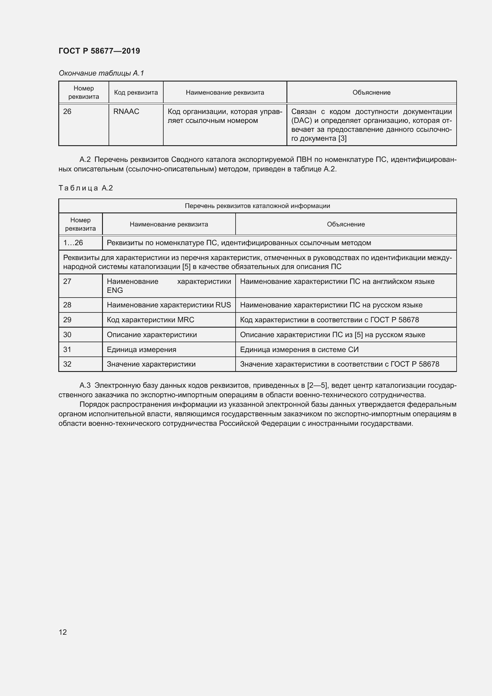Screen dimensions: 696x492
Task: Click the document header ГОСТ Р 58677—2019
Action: coord(99,51)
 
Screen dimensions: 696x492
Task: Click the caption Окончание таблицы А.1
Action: coord(101,73)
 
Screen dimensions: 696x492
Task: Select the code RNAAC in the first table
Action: coord(126,112)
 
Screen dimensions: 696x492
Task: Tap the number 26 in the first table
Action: coord(67,112)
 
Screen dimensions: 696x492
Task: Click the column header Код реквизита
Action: coord(136,93)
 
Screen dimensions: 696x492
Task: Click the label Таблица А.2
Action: coord(85,188)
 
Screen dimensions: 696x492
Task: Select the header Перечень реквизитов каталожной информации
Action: coord(257,206)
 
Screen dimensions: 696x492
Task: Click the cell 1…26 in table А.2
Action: coord(73,243)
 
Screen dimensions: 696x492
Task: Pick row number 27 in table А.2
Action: coord(67,281)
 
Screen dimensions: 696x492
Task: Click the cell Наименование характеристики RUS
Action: coord(169,305)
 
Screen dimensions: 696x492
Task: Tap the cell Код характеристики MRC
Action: coord(151,320)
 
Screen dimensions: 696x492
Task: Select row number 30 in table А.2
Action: coord(67,335)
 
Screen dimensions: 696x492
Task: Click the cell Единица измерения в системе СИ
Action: coord(299,350)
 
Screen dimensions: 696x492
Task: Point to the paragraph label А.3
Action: coord(85,385)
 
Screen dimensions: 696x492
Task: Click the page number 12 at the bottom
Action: coord(63,632)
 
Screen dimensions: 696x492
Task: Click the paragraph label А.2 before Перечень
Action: coord(85,159)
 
